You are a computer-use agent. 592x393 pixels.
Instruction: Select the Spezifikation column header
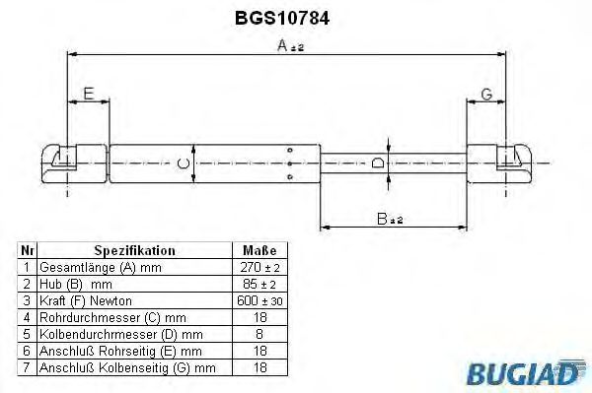click(x=134, y=251)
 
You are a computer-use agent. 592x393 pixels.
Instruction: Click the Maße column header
click(x=259, y=251)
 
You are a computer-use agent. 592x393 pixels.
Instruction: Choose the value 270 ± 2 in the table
click(x=259, y=268)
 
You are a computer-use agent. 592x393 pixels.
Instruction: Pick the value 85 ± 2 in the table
click(x=259, y=284)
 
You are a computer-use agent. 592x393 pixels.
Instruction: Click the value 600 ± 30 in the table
click(x=259, y=299)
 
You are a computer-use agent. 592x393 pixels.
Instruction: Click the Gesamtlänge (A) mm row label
click(x=98, y=268)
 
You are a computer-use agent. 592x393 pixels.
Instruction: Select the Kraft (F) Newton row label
click(x=85, y=299)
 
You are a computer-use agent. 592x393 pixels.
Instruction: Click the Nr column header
click(x=28, y=251)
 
